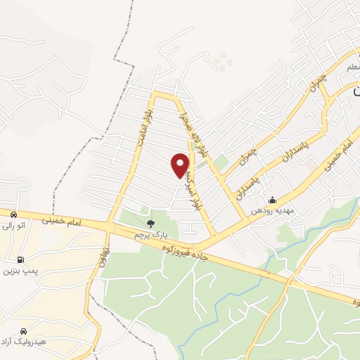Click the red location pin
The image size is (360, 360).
tap(180, 166)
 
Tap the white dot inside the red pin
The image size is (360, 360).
tap(180, 162)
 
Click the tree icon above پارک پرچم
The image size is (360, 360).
tap(150, 224)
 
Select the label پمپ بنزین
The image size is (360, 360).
tap(19, 270)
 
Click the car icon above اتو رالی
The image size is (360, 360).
tap(13, 214)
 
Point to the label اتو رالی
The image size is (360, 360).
tap(15, 225)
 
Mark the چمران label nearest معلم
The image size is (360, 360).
tap(317, 85)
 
